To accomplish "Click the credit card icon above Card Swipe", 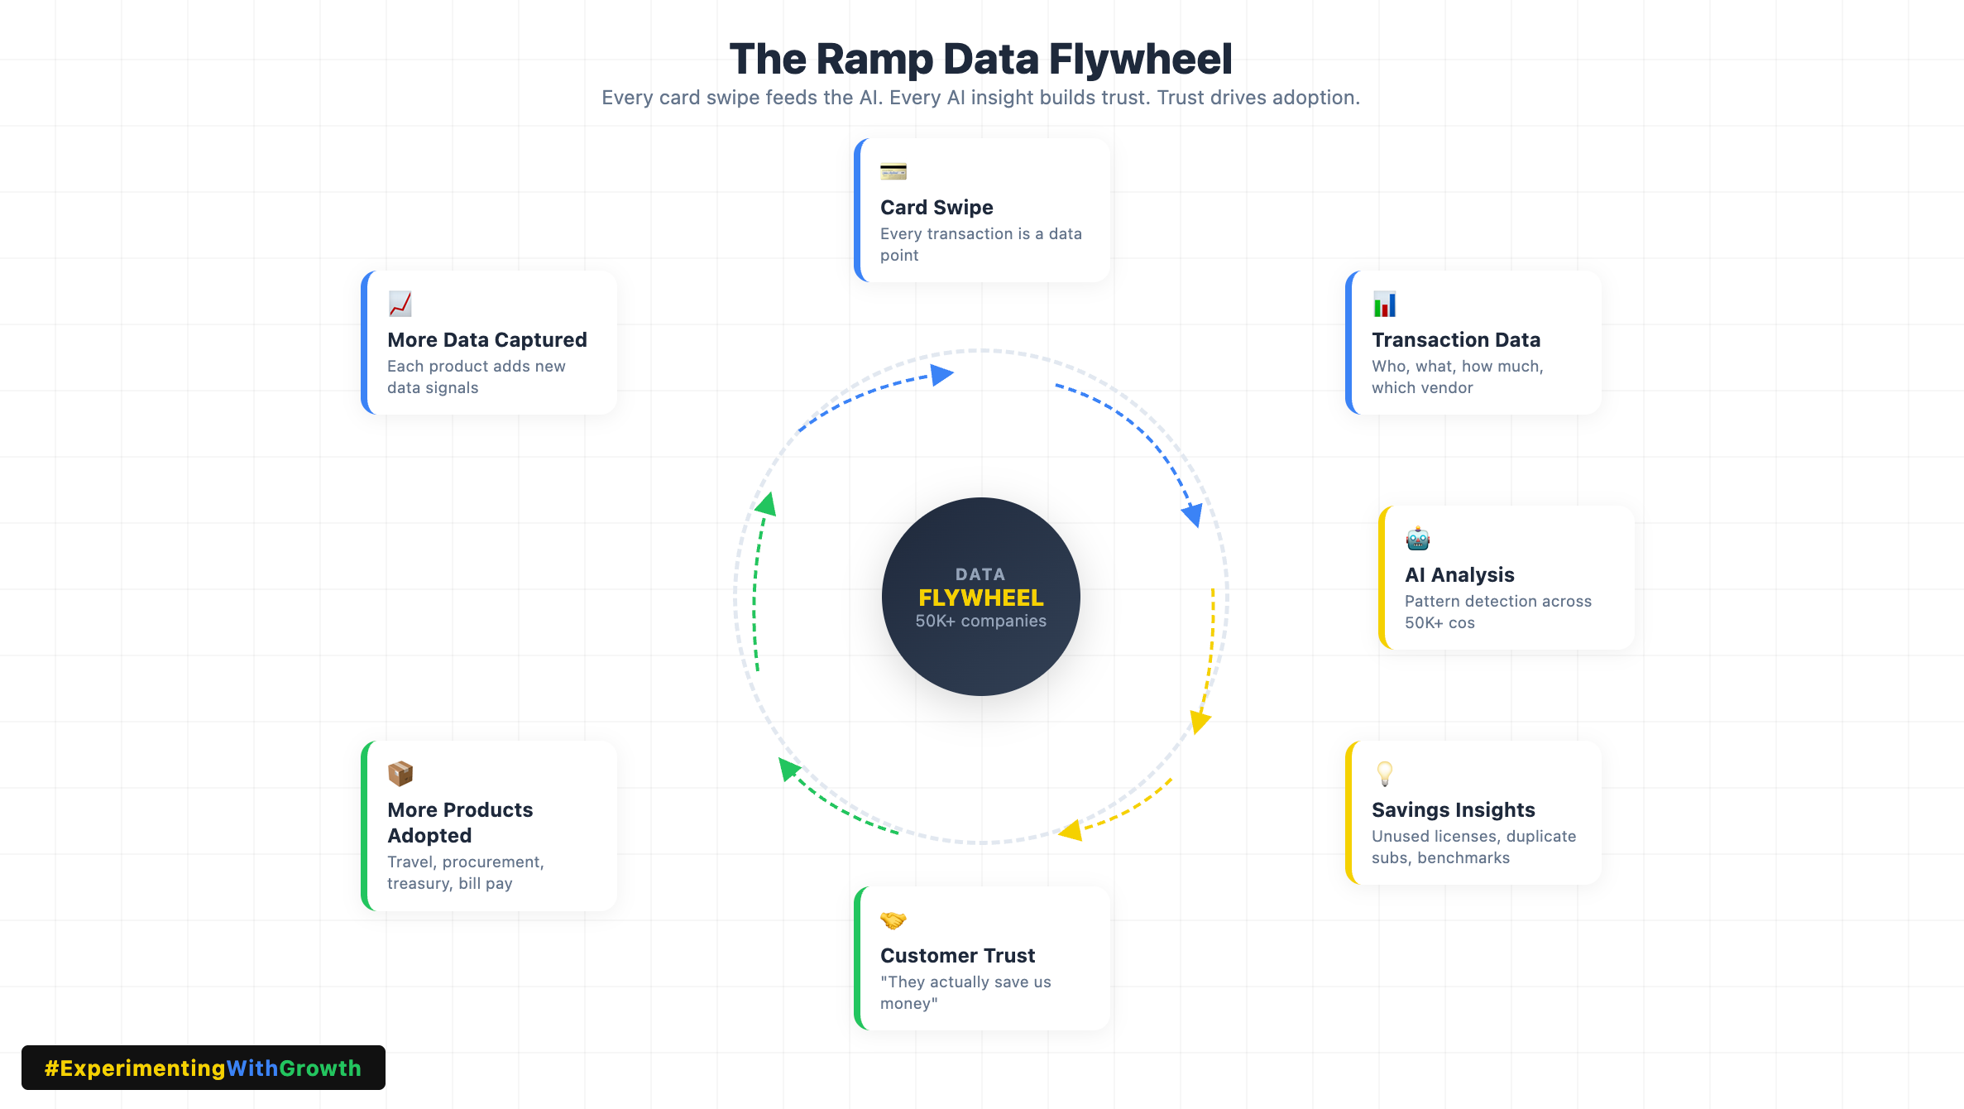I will [893, 171].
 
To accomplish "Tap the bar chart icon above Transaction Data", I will [1384, 304].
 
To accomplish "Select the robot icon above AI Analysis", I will [1417, 539].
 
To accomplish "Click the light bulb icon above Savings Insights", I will [1384, 774].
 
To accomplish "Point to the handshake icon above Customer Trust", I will [893, 919].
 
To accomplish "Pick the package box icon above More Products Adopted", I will [400, 774].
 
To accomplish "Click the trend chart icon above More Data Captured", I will [400, 304].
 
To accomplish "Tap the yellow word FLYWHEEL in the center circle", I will [980, 598].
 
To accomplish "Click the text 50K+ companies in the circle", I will [980, 621].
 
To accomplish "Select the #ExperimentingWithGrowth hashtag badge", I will [203, 1068].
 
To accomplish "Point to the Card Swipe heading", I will [936, 207].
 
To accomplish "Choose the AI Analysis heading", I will [1459, 574].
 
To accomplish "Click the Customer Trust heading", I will [957, 955].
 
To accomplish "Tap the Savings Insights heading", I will [1453, 809].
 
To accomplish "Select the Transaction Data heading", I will [1455, 339].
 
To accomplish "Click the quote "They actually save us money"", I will [965, 992].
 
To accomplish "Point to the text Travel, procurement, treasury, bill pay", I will [465, 872].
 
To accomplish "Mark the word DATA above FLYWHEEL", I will [980, 574].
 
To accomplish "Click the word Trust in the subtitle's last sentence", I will [1181, 98].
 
